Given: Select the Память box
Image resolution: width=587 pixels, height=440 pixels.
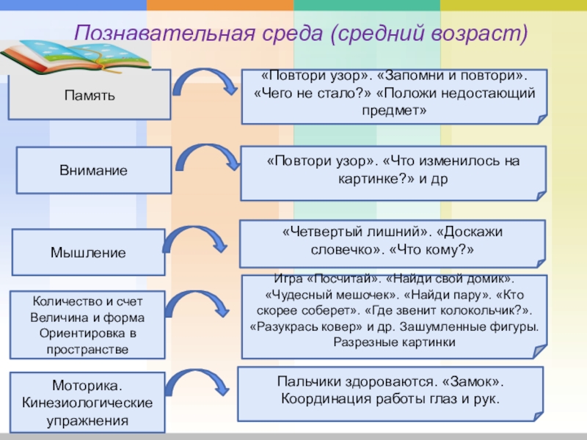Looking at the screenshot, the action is click(x=89, y=95).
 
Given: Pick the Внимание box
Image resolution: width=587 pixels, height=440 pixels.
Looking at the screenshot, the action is click(x=93, y=170).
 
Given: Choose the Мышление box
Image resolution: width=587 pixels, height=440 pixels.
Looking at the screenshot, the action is click(x=88, y=252).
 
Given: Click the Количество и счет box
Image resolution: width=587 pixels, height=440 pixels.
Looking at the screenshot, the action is click(x=87, y=325).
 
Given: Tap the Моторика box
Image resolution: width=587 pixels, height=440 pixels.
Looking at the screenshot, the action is click(x=87, y=403).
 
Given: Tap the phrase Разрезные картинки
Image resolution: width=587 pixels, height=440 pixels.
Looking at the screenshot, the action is click(x=394, y=342).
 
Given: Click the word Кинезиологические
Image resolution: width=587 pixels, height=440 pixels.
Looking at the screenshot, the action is click(x=87, y=403).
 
